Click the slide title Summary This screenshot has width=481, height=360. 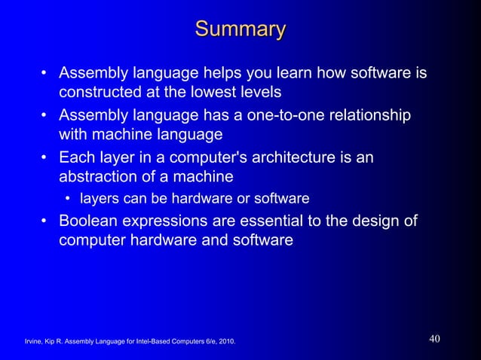(240, 30)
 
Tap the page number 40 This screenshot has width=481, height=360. (434, 339)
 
